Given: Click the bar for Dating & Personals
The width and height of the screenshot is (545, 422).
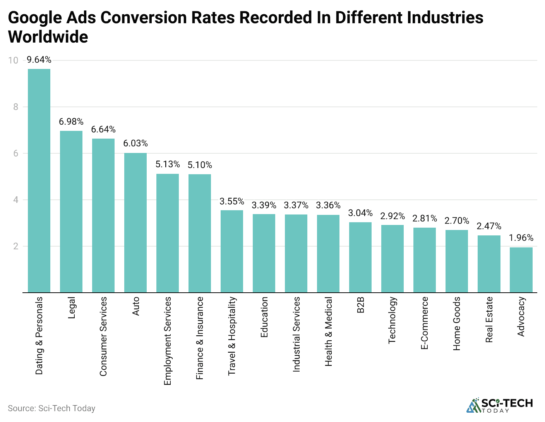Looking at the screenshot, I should pos(39,180).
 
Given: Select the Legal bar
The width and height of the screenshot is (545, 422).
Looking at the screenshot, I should pos(71,211).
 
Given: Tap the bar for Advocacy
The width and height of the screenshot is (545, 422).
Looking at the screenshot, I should pos(521,270).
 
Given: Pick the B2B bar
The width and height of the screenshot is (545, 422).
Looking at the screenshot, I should pos(360,257).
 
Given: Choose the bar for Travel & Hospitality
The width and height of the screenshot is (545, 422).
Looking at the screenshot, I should pos(232,251).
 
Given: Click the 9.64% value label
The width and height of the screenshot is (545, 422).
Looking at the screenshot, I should pos(39,60).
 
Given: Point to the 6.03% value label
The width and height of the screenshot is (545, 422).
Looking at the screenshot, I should pos(135,144).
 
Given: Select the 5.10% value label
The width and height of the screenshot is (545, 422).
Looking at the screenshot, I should pos(200,165).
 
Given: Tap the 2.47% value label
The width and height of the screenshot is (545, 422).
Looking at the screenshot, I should pos(489,226).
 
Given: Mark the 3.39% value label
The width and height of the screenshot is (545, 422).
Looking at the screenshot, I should pos(264,205).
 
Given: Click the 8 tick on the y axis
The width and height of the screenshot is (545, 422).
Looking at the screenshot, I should pos(16,107).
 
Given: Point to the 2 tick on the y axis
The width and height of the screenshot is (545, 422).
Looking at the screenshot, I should pos(16,246).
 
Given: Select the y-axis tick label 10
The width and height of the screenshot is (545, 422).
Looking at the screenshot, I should pos(14,60).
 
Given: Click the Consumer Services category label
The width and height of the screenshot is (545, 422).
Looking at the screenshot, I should pos(103,336).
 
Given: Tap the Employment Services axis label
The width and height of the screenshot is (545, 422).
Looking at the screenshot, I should pos(168,341).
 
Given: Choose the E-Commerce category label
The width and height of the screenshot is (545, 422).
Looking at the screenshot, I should pos(425,323).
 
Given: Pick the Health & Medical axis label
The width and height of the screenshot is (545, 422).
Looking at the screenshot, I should pos(328,331).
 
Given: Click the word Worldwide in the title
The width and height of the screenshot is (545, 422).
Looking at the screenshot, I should pos(48,37).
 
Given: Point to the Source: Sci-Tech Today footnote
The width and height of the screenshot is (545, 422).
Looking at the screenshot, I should pos(51,408).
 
